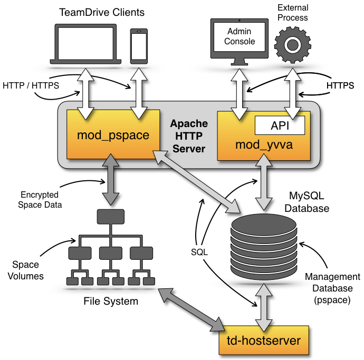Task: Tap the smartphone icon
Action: click(139, 45)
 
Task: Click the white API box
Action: click(280, 125)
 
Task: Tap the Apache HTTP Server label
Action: click(188, 136)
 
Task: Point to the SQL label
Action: click(199, 252)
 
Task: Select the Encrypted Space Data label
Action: click(40, 200)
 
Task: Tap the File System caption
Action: click(111, 301)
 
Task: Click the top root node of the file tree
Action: click(110, 216)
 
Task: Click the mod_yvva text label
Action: click(263, 144)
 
